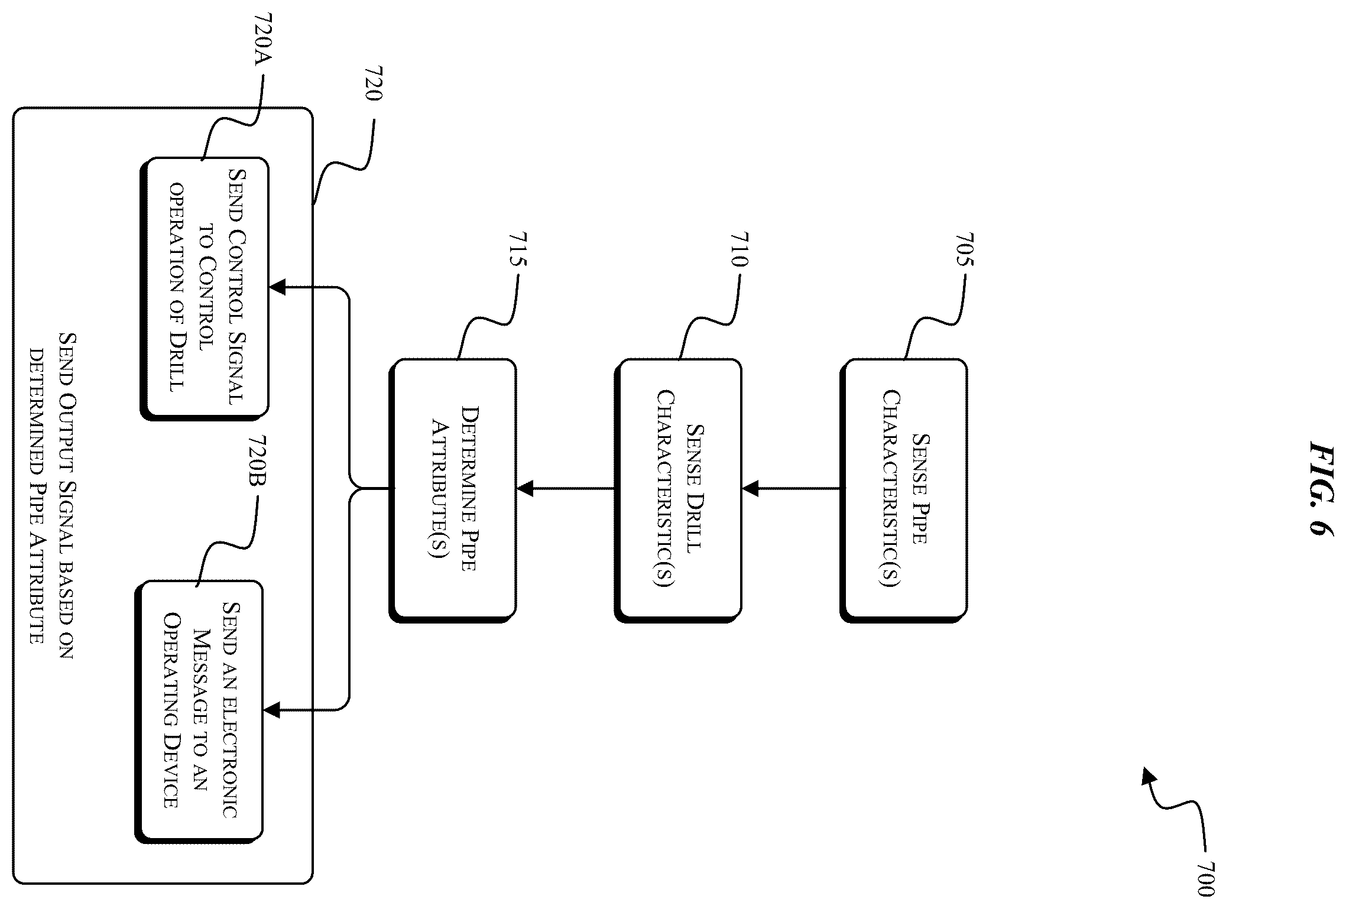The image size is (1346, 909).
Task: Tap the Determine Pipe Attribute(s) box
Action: (x=452, y=490)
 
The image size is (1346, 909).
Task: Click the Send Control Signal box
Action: (x=204, y=288)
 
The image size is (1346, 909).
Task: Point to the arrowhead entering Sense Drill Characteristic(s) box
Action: (x=750, y=489)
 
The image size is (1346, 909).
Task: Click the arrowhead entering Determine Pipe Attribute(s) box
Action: (x=524, y=489)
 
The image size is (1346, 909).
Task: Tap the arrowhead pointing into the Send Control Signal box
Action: (x=277, y=288)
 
